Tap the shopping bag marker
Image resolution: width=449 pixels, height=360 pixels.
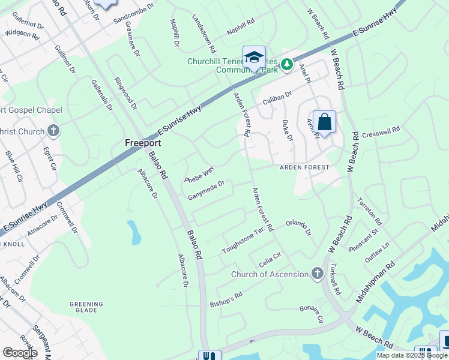coord(324,122)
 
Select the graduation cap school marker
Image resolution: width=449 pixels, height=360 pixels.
coord(254,58)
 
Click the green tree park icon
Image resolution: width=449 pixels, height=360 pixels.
coord(287,62)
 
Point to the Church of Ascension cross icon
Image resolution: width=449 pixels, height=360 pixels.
coord(318,274)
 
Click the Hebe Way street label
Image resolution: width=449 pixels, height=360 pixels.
coord(200,175)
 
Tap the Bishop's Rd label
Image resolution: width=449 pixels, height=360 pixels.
coord(226,300)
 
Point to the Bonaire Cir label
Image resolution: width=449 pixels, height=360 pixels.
coord(312,313)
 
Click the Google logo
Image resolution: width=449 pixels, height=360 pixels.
coord(20,352)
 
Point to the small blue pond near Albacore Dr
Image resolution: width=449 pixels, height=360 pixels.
coord(134,232)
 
